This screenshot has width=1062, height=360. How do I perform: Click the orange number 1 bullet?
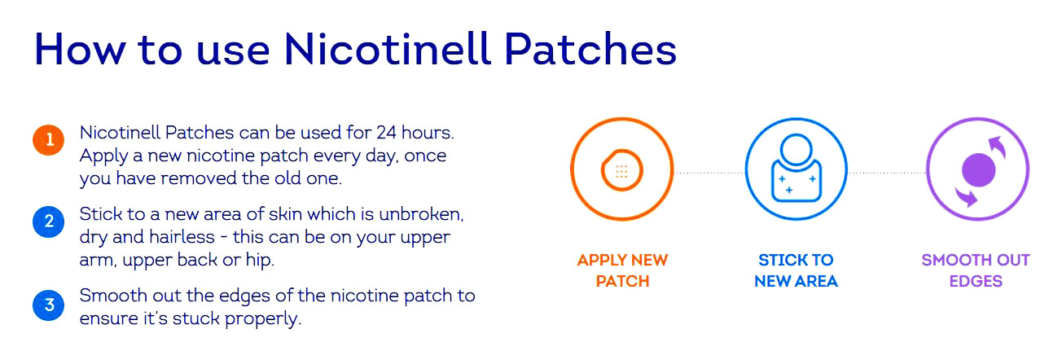tap(49, 140)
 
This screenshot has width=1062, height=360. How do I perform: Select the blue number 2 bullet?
tap(49, 221)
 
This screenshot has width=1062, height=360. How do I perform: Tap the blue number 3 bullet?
tap(49, 305)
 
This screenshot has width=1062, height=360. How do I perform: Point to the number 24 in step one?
tap(385, 132)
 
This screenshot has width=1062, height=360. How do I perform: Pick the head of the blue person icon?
tap(796, 151)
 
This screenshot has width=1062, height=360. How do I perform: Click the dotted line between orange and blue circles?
tap(709, 173)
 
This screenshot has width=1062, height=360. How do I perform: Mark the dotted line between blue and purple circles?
tap(887, 173)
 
